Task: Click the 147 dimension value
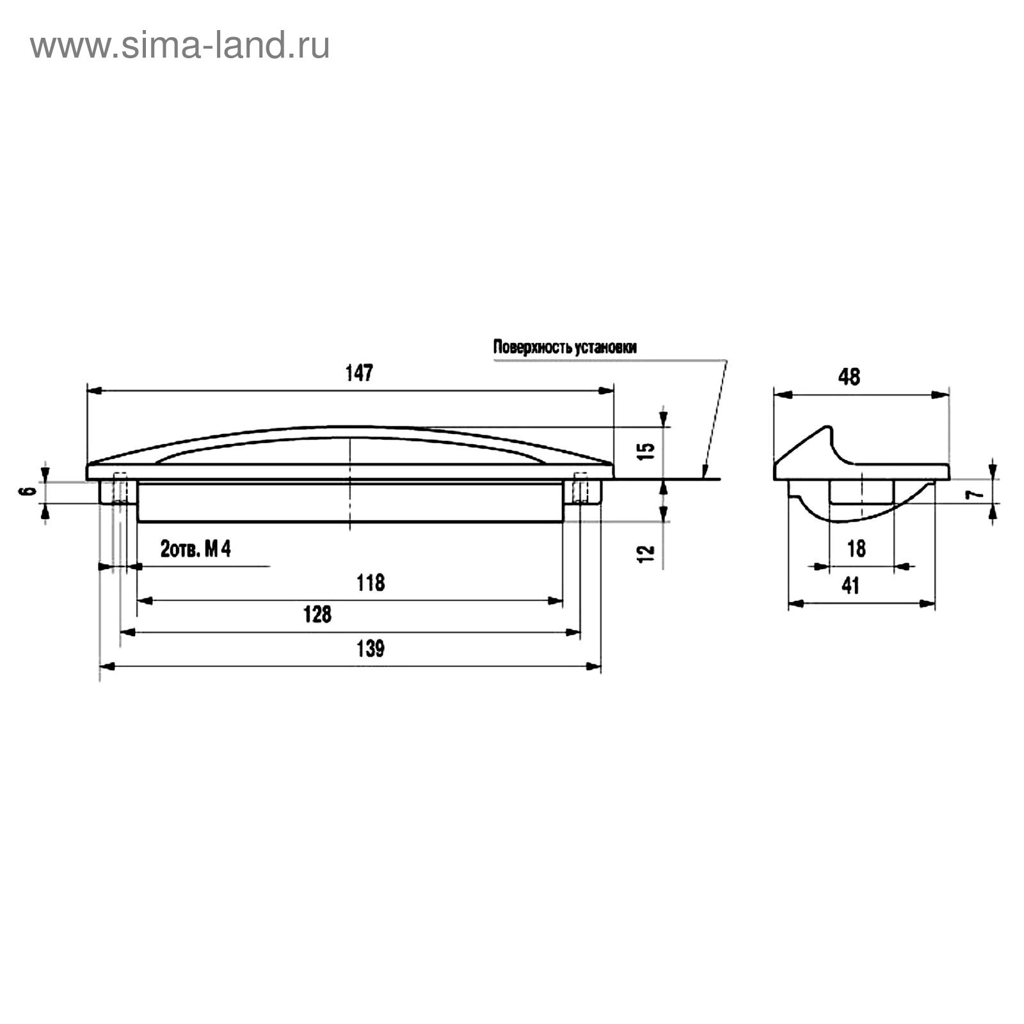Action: (x=359, y=374)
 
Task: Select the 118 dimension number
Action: (x=371, y=583)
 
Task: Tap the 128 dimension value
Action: (x=317, y=614)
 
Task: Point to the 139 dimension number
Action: (x=371, y=649)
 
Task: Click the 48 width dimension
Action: (x=849, y=377)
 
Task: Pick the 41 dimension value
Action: (x=851, y=586)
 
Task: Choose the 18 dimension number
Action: (x=856, y=548)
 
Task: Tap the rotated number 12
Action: (x=648, y=553)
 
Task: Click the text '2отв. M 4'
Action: (x=195, y=550)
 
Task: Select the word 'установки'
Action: (x=606, y=348)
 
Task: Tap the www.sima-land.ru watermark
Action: (x=180, y=46)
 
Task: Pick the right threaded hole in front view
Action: (x=580, y=488)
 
